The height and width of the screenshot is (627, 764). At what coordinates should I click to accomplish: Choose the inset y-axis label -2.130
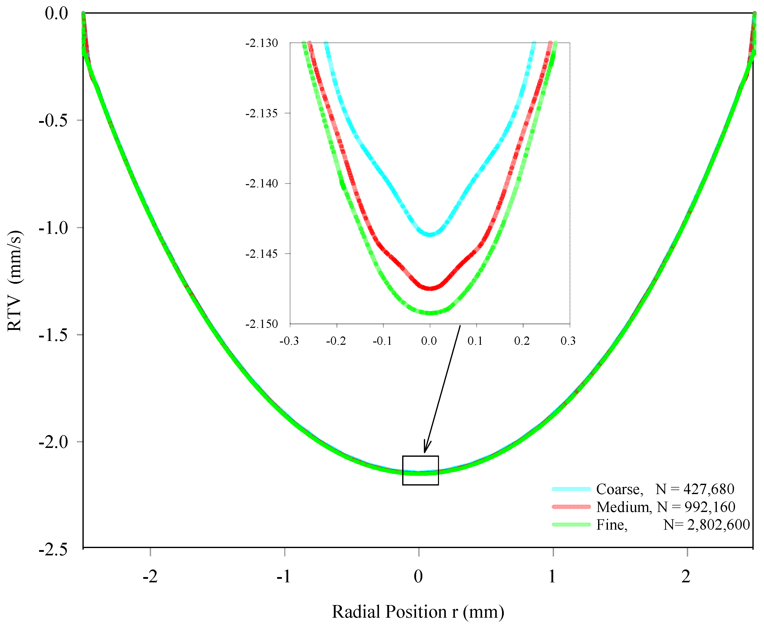point(262,43)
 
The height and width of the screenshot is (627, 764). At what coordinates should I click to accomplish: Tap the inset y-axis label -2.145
point(262,254)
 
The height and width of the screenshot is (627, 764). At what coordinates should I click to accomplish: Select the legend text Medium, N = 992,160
point(665,507)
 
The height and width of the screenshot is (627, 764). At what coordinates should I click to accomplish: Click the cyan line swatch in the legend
point(571,489)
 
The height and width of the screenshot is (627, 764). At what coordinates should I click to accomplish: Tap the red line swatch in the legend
point(571,507)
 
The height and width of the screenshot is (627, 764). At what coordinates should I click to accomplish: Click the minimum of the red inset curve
point(429,288)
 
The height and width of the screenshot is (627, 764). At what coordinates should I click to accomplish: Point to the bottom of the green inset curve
point(430,312)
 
